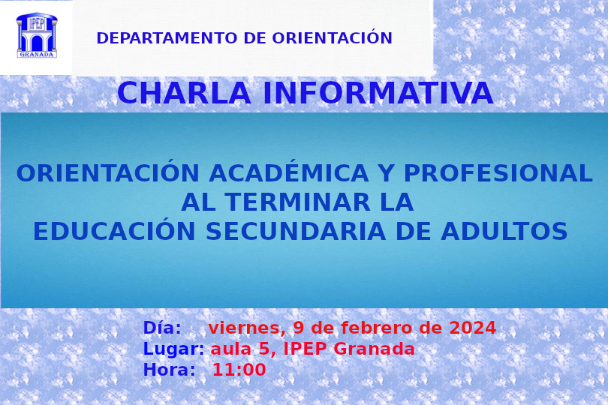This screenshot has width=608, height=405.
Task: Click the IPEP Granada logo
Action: coord(36,35)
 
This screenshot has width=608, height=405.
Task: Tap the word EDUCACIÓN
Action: coord(103,232)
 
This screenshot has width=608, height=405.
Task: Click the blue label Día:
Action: coord(162,328)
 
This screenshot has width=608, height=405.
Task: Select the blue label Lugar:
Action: coord(173,349)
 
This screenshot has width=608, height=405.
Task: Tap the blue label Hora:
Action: coord(169,370)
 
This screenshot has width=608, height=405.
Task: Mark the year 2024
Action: coord(472,328)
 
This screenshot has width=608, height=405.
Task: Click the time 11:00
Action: coord(239,370)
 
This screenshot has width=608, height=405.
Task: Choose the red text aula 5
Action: coord(240,349)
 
